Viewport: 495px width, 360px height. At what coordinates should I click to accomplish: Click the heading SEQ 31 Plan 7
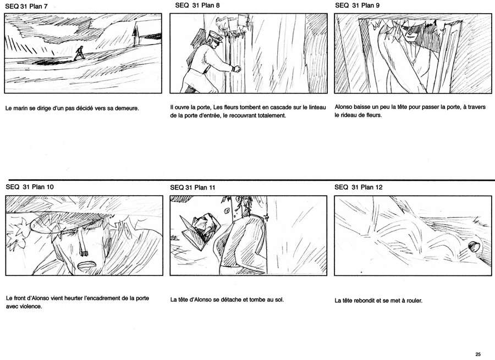26,6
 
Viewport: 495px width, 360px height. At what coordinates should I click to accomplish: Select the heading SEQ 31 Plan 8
197,5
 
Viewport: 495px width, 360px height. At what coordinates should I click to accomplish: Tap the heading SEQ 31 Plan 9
357,5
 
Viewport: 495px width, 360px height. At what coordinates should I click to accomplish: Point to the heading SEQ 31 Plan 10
30,187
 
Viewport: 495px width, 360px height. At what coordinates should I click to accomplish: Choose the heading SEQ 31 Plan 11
193,187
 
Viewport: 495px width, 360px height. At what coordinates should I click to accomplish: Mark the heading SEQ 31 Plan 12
358,187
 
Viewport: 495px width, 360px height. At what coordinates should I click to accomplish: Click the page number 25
477,355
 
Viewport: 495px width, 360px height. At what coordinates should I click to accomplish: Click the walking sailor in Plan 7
79,53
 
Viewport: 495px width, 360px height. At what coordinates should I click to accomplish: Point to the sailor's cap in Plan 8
216,36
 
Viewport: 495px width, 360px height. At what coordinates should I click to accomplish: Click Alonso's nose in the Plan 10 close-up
84,245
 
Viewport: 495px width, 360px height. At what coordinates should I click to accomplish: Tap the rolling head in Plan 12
474,246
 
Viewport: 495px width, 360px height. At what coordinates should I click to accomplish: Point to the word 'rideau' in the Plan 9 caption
350,115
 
